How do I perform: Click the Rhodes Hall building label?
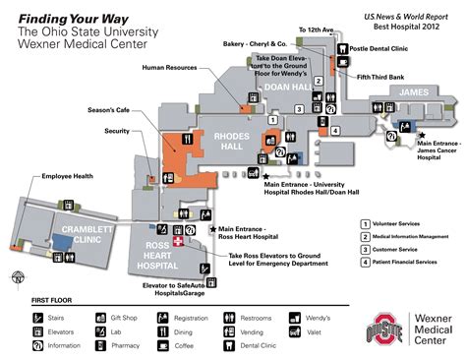[x=223, y=141]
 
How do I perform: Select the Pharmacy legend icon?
[x=101, y=346]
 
